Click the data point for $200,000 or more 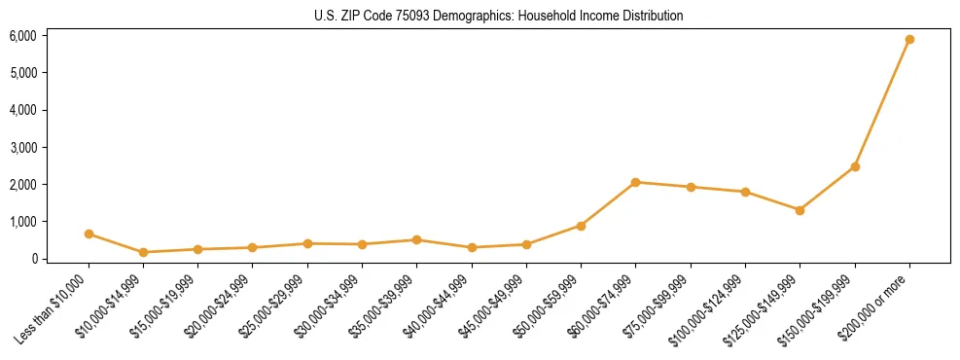tap(909, 40)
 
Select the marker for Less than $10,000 tap(89, 234)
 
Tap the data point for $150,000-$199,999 tap(855, 166)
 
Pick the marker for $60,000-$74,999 tap(635, 182)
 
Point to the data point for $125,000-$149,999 tap(800, 210)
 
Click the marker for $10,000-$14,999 tap(143, 252)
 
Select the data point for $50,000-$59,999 tap(581, 226)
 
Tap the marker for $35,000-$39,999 tap(416, 239)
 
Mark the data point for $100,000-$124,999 tap(745, 192)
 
